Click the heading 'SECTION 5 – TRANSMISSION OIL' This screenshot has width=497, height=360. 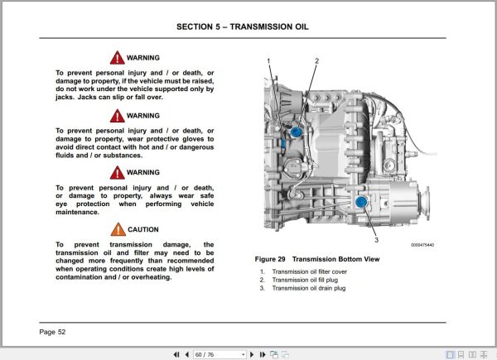click(243, 26)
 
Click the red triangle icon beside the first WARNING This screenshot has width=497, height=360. click(118, 59)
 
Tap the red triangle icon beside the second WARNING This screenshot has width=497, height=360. click(118, 116)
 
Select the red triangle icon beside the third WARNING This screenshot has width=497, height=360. click(118, 173)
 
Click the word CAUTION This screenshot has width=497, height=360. click(143, 230)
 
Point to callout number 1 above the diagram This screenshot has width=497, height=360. click(268, 61)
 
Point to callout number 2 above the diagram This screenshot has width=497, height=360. click(316, 60)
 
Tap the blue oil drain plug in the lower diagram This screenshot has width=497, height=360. click(360, 201)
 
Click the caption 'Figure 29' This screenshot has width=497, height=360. click(275, 259)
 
